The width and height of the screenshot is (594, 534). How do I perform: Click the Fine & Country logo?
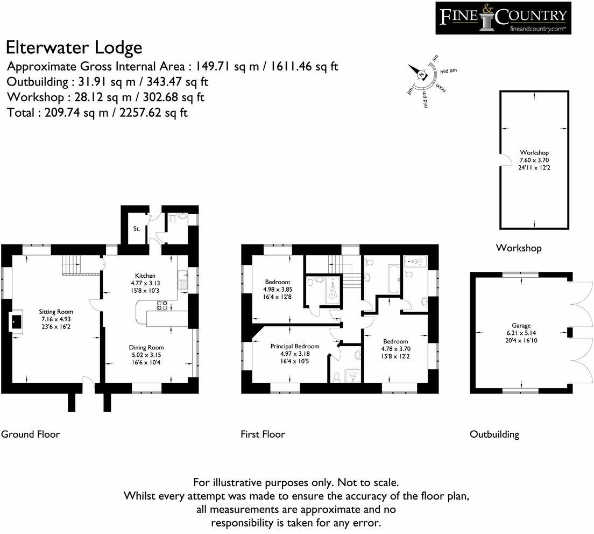point(503,18)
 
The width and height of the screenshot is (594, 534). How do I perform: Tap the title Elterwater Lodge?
point(74,48)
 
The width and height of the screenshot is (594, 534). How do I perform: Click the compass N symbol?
point(421,75)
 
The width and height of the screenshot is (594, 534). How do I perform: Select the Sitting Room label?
point(56,312)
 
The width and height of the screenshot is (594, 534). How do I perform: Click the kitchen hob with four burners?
point(162,305)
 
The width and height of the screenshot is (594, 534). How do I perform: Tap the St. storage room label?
point(136,229)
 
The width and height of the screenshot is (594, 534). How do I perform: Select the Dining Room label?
point(146,348)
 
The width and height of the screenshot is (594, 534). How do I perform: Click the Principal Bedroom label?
point(295,346)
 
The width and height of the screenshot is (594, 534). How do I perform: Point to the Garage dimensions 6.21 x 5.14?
point(521,333)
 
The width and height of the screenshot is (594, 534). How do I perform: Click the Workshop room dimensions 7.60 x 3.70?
point(534,160)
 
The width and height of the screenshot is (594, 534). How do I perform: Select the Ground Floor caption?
point(30,434)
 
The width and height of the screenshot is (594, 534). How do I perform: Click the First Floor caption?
point(263,434)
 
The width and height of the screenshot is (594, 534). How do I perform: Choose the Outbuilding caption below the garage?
point(494,434)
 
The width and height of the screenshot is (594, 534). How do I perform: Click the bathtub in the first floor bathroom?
point(394,279)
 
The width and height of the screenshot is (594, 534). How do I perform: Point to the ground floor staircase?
point(71,264)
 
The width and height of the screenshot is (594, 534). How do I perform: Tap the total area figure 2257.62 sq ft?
point(153,113)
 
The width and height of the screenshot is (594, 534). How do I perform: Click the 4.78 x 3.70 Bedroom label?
point(395,349)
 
